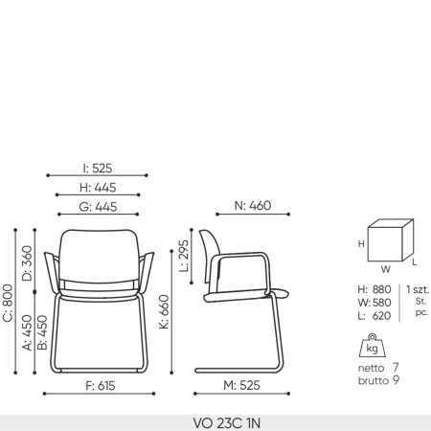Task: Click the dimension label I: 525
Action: click(x=98, y=168)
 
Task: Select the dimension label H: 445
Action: click(x=98, y=188)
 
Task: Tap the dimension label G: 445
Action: click(x=98, y=206)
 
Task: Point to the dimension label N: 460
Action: click(x=253, y=206)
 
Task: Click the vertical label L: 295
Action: click(x=185, y=257)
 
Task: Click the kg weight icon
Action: click(x=372, y=346)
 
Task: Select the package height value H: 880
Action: click(x=374, y=288)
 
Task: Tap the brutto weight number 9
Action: click(x=397, y=380)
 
